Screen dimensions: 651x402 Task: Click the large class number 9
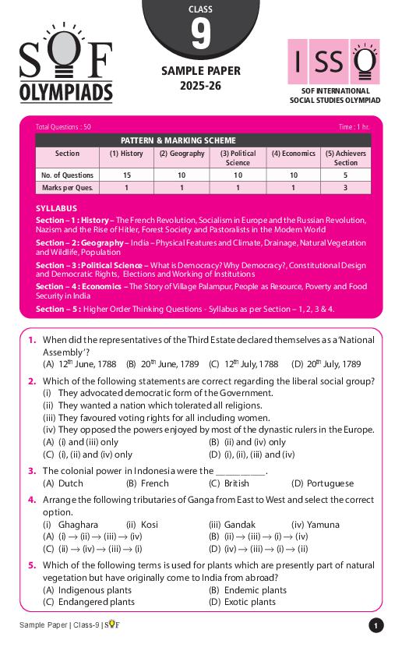(200, 34)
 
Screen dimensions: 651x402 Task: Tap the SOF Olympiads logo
(65, 72)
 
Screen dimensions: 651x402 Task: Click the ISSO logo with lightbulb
(333, 62)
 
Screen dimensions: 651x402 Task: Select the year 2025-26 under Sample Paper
(200, 86)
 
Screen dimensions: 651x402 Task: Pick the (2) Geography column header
(182, 154)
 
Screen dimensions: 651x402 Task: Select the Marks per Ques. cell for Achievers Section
(346, 188)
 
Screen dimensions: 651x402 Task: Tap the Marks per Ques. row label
(68, 188)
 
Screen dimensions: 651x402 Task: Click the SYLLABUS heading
(57, 209)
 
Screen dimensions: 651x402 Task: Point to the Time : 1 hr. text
(354, 126)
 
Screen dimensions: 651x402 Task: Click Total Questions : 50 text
(63, 126)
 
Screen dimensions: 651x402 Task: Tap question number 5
(32, 566)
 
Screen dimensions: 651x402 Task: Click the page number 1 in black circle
(376, 626)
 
